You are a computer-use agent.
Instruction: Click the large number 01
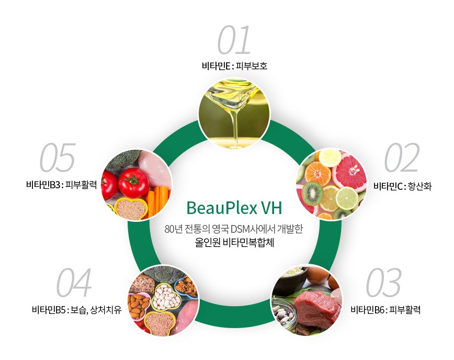[234, 40]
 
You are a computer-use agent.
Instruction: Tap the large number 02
[402, 157]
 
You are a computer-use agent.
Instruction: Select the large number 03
[383, 283]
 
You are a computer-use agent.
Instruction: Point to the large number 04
[74, 283]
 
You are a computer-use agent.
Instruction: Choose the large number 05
[58, 157]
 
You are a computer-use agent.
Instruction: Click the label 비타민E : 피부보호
[234, 66]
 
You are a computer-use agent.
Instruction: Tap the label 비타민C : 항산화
[402, 186]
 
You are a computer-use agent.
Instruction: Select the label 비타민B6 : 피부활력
[385, 310]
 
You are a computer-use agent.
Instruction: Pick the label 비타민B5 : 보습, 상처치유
[76, 310]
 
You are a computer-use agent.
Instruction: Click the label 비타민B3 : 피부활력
[61, 185]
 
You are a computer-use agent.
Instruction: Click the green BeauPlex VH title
[234, 208]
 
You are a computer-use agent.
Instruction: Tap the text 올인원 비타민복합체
[234, 243]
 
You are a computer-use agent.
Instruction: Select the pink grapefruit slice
[349, 172]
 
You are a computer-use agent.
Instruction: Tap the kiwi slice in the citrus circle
[312, 193]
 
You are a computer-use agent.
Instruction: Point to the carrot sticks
[158, 200]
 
